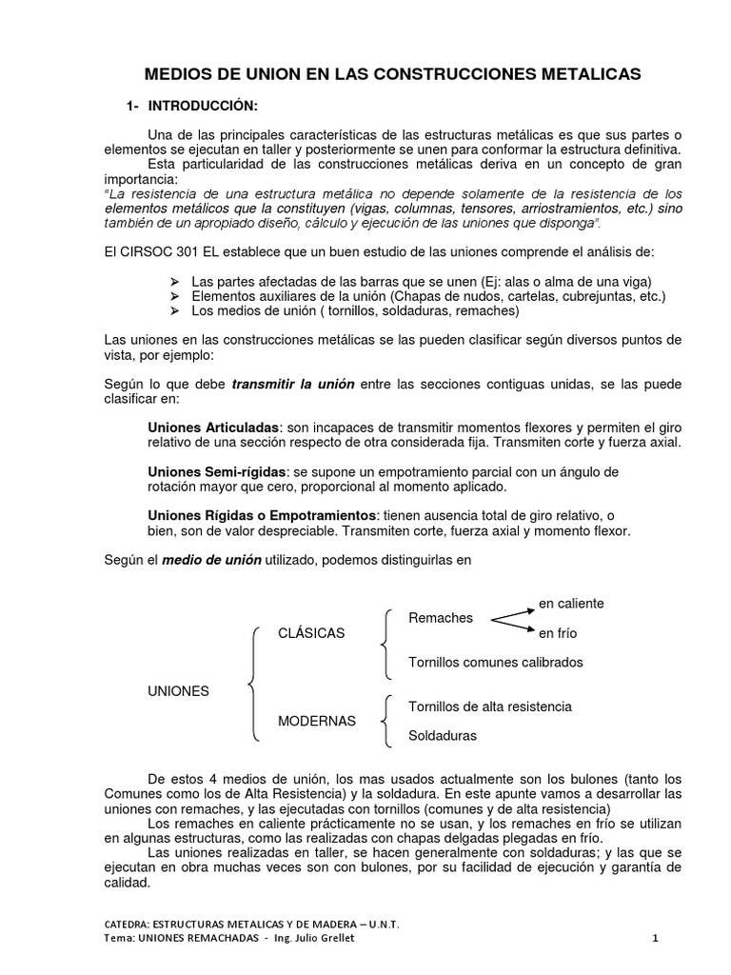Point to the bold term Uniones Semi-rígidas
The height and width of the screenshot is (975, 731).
(x=218, y=471)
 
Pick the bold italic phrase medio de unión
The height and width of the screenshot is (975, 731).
(x=211, y=560)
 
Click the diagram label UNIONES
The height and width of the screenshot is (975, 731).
(x=178, y=691)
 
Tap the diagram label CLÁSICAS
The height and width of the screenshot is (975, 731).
(x=311, y=633)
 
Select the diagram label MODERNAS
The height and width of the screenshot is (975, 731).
(x=316, y=721)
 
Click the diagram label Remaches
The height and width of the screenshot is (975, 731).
(x=440, y=618)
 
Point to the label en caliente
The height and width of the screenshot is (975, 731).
(x=571, y=604)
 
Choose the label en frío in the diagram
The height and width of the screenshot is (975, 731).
(x=558, y=633)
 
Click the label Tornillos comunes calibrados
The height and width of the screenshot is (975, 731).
(x=495, y=662)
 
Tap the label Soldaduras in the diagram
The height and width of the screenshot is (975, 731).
(x=443, y=735)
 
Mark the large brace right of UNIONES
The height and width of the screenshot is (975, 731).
(x=252, y=684)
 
